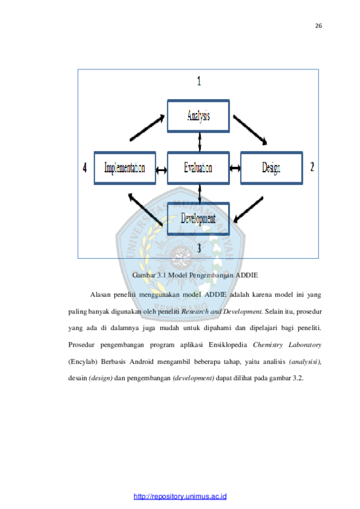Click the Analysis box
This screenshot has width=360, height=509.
(x=198, y=116)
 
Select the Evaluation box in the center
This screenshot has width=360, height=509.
(x=198, y=168)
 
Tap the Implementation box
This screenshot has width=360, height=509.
(x=125, y=168)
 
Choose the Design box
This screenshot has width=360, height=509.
(x=271, y=168)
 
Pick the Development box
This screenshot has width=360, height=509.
(x=198, y=218)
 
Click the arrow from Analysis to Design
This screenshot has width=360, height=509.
(x=250, y=130)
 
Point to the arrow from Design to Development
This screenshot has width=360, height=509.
(x=248, y=209)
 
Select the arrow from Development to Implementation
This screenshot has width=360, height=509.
(x=146, y=209)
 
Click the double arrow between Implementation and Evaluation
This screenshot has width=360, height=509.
(x=161, y=170)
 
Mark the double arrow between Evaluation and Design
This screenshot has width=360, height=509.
(x=235, y=168)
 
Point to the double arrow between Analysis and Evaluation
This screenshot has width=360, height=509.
(x=199, y=142)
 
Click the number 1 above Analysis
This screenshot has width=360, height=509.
(x=199, y=81)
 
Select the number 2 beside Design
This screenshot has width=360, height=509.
(x=312, y=167)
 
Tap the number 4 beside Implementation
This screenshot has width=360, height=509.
(x=85, y=167)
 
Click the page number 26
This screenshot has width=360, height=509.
(x=318, y=26)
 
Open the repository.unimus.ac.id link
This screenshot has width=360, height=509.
(x=180, y=496)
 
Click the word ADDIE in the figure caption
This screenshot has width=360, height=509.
(x=246, y=275)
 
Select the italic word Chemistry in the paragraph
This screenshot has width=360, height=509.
(x=268, y=345)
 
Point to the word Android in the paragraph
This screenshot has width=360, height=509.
(x=142, y=362)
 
